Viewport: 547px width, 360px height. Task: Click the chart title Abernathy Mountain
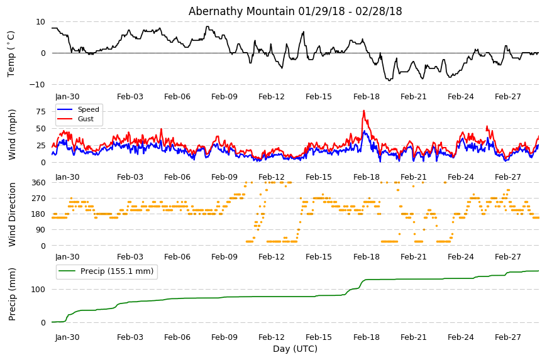click(241, 11)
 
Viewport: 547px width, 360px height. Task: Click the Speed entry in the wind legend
click(88, 109)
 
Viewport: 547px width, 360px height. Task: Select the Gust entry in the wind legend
click(86, 119)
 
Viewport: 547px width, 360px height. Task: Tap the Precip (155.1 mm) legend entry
click(117, 271)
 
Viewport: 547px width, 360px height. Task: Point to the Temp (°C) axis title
click(11, 53)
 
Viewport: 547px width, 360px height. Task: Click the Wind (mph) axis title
click(12, 134)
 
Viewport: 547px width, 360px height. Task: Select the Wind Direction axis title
click(12, 214)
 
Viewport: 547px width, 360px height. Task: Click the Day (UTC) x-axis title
click(295, 349)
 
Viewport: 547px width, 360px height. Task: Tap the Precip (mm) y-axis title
click(12, 294)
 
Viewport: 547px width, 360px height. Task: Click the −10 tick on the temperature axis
click(37, 85)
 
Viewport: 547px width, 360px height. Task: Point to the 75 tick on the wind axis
click(41, 112)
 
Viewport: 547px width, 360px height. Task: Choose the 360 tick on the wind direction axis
click(39, 183)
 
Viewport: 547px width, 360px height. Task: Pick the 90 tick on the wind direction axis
click(41, 230)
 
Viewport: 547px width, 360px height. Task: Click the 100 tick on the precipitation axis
click(39, 290)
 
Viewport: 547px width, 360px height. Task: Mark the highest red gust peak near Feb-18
click(364, 111)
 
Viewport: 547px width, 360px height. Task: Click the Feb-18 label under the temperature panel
click(366, 97)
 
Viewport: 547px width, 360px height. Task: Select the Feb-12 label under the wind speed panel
click(272, 177)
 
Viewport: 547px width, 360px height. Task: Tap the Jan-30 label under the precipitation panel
click(67, 337)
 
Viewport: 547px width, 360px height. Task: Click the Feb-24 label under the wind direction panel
click(460, 257)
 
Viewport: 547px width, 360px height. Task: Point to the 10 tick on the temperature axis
click(41, 22)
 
